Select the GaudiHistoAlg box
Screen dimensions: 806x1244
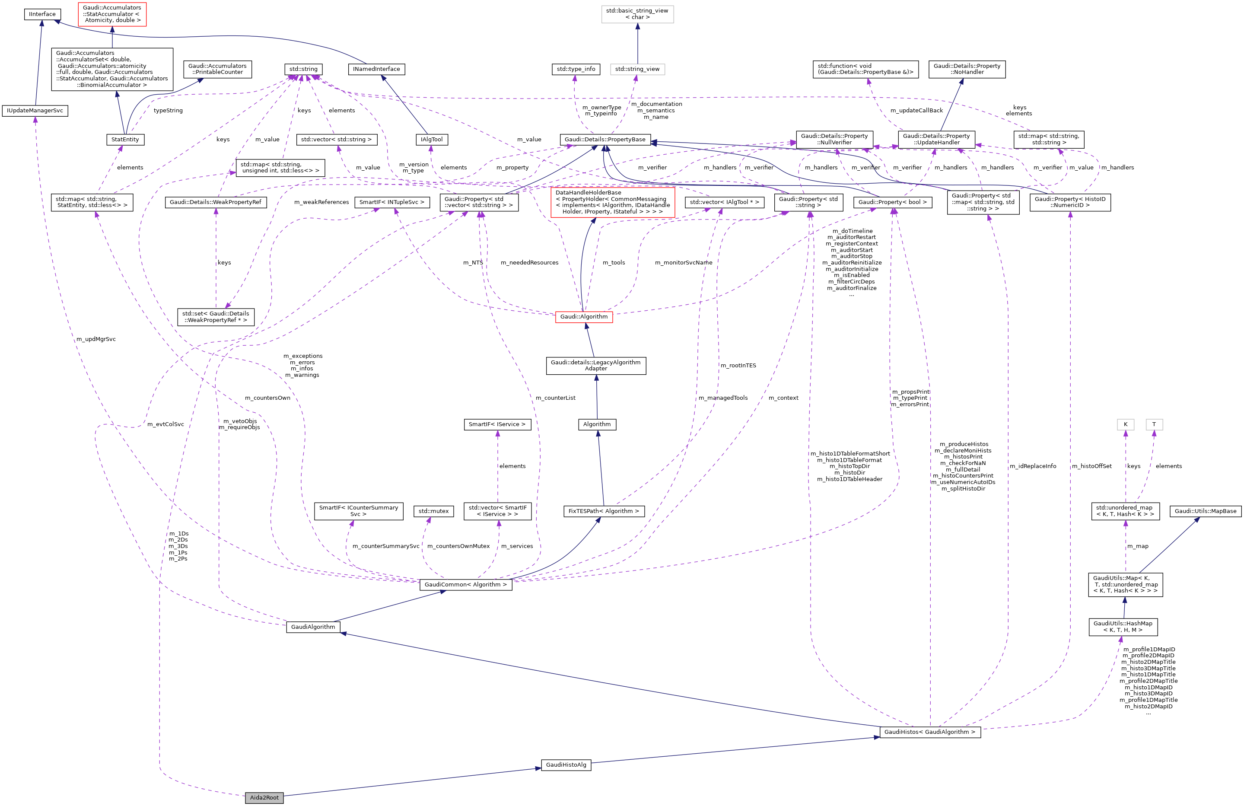[x=566, y=765]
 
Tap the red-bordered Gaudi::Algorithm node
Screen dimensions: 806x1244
[x=584, y=317]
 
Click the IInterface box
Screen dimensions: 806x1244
[x=42, y=14]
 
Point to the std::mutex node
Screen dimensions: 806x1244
[x=433, y=511]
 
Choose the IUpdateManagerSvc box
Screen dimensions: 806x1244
[x=35, y=111]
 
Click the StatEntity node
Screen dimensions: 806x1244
[x=125, y=140]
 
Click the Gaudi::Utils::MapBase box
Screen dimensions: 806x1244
[x=1205, y=511]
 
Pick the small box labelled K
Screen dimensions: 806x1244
[x=1125, y=424]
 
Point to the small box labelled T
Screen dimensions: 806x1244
[x=1154, y=424]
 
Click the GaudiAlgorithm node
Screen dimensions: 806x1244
[x=313, y=627]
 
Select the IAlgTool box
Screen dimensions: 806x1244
[x=431, y=140]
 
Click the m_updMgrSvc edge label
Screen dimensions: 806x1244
[x=96, y=339]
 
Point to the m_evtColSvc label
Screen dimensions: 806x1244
[x=165, y=424]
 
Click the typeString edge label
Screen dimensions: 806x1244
[x=168, y=111]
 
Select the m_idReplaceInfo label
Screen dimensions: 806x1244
[x=1033, y=466]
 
